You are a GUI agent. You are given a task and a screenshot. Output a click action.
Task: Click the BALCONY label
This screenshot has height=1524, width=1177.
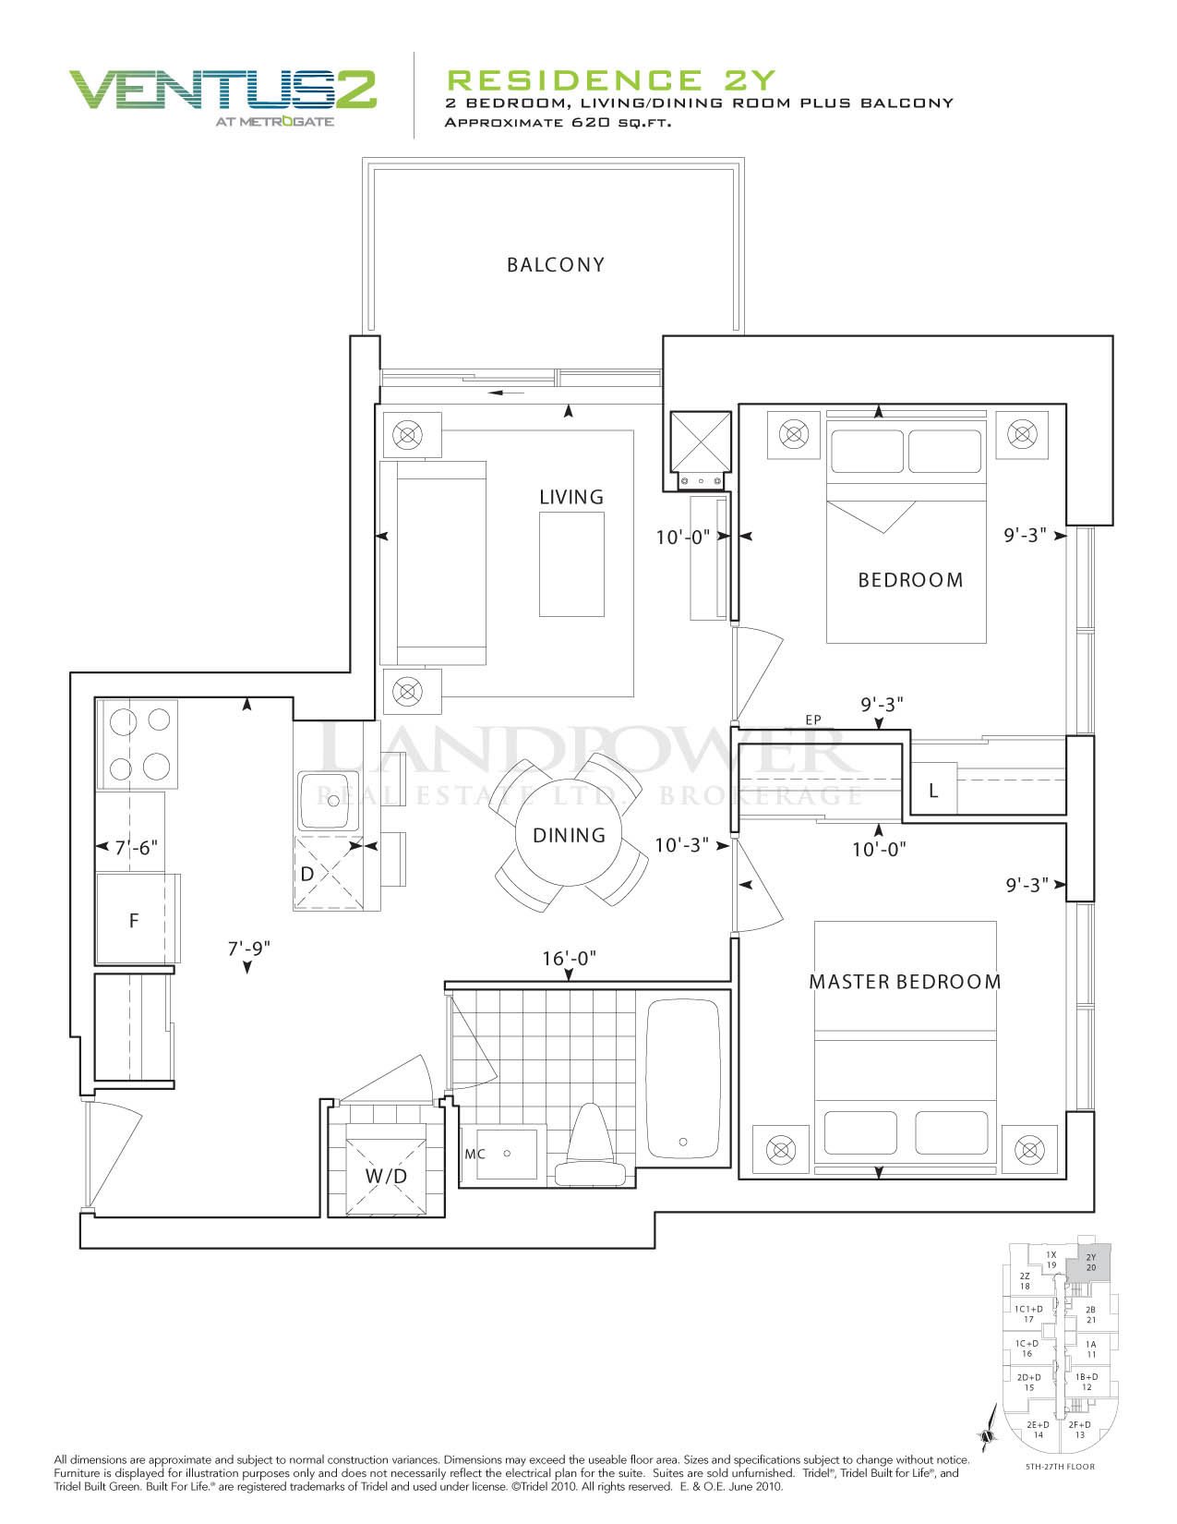[555, 265]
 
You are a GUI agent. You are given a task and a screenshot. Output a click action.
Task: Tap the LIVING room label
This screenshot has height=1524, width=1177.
[570, 497]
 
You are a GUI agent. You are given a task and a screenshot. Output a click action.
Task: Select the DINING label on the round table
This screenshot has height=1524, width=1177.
[569, 835]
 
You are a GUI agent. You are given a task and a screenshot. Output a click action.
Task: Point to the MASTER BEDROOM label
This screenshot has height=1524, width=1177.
[905, 982]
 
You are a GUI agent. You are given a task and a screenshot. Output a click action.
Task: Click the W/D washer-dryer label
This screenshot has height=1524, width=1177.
[386, 1176]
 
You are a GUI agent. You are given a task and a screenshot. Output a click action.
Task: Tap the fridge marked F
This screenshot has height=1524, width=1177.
[133, 919]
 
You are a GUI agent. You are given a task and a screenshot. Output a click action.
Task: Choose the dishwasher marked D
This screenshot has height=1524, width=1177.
[328, 873]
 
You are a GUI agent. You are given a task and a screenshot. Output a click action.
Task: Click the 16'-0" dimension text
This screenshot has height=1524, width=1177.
[569, 958]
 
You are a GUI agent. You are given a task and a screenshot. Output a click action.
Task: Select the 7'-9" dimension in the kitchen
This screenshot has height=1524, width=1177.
[249, 949]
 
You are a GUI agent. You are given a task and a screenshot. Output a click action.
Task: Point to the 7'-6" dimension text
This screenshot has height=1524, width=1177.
[136, 848]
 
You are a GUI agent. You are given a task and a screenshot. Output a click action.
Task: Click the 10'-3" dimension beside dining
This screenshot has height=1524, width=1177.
[681, 845]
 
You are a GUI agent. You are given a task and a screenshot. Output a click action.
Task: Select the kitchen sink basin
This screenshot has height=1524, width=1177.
[328, 800]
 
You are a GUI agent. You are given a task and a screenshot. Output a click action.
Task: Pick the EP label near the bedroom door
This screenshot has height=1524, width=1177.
[813, 720]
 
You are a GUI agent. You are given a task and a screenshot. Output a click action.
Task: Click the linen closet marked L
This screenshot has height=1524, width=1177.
[933, 791]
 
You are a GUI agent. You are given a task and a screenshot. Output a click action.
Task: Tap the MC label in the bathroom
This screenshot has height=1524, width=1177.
[474, 1154]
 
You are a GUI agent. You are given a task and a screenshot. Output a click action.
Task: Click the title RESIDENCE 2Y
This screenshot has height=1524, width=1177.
[611, 80]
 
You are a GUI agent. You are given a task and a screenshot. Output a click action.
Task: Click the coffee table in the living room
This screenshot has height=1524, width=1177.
[571, 563]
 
